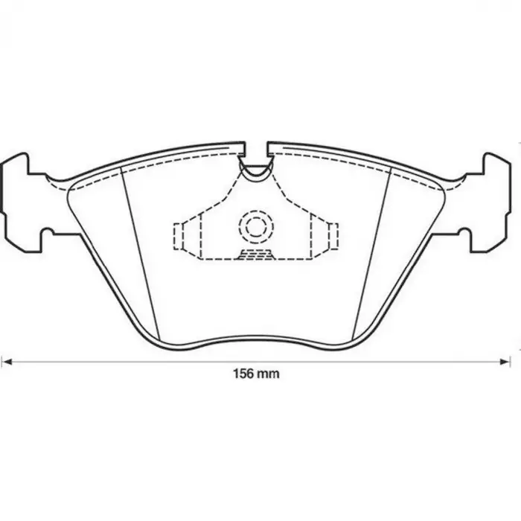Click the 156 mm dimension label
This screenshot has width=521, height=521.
coord(256,374)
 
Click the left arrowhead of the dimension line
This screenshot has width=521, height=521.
coord(7,362)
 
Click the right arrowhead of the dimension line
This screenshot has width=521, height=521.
coord(505,362)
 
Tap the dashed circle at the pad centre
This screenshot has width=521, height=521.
coord(256,226)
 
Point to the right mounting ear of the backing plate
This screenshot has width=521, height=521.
coord(485,202)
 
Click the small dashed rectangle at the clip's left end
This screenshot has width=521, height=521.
coord(179,237)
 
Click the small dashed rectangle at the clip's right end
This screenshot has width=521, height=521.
coord(333,237)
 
